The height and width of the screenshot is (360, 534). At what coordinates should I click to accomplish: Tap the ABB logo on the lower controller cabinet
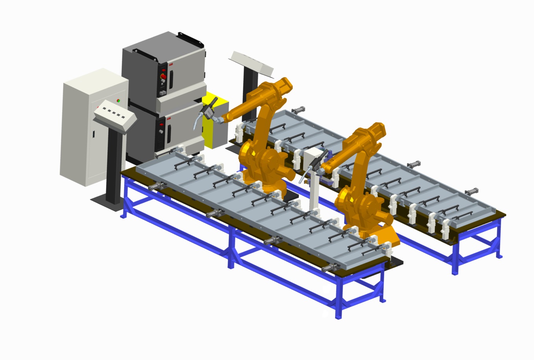(x=168, y=118)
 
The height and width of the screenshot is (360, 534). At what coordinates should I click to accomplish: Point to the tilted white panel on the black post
(x=252, y=63)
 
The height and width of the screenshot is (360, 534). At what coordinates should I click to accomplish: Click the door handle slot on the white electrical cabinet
(x=94, y=134)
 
